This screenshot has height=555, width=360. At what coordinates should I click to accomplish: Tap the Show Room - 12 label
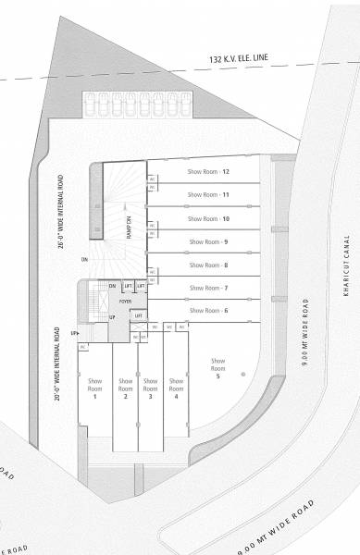[208, 171]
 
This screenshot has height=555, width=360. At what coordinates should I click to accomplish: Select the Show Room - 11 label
[208, 194]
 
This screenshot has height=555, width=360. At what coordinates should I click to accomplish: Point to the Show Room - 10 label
[208, 218]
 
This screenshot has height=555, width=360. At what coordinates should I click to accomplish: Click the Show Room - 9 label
[208, 241]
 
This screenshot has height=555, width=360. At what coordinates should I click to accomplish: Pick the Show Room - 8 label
[208, 265]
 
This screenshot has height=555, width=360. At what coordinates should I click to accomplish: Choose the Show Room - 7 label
[208, 289]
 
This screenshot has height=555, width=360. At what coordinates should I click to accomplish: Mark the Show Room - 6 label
[208, 311]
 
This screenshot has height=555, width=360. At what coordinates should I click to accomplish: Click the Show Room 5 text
[218, 368]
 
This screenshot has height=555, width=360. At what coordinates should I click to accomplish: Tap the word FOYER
[125, 302]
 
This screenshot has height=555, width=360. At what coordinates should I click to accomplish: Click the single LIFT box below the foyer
[138, 316]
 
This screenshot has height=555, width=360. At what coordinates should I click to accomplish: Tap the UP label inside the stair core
[113, 317]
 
